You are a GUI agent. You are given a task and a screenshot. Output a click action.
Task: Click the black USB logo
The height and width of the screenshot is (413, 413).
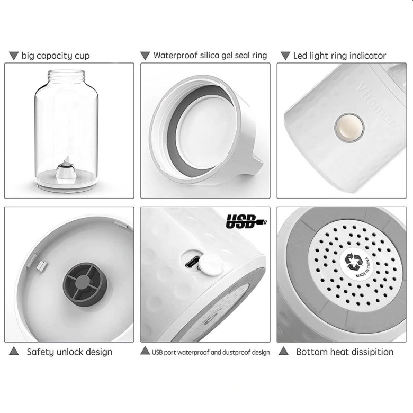coord(246,221)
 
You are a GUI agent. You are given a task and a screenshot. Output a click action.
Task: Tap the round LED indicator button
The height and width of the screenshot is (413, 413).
coord(349,128)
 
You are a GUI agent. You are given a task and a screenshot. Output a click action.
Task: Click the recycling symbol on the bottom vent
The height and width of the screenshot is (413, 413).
coord(354,262)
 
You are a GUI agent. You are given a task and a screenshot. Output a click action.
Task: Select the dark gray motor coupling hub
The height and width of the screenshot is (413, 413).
coord(85,284)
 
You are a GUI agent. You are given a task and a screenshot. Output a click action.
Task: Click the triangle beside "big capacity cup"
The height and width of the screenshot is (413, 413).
coord(14,55)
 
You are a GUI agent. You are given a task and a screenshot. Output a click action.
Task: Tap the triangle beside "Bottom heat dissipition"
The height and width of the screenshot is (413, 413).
coord(284,352)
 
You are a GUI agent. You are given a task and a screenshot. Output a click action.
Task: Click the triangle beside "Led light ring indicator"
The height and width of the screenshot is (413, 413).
coord(285,55)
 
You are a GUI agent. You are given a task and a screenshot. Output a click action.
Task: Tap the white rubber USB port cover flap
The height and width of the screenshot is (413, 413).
coord(209,265)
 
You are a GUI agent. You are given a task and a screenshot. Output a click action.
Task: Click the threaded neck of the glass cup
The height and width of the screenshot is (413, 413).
coord(66,76)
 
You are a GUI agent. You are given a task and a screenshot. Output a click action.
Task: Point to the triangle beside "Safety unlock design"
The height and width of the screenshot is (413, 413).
coord(14,351)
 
